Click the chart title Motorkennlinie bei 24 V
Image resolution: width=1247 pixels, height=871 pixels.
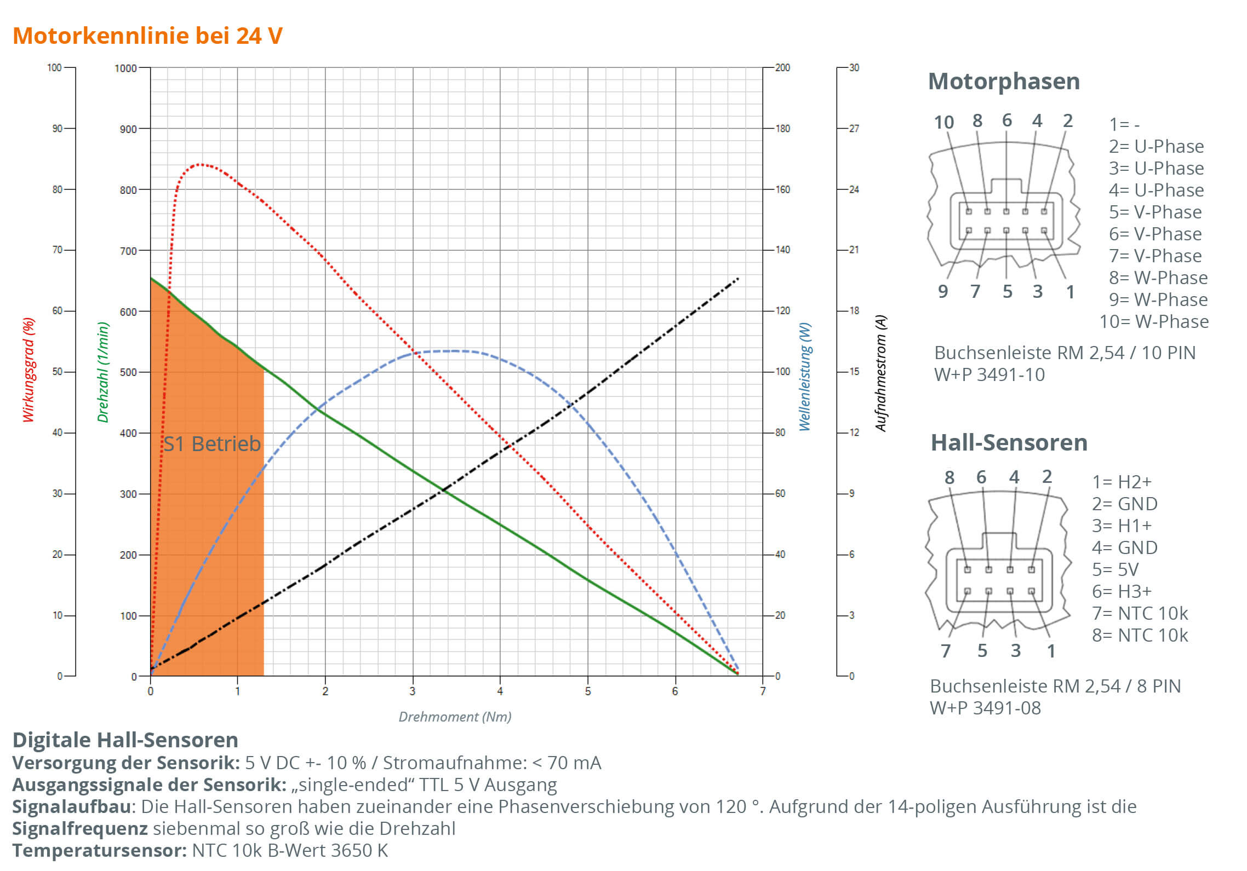coord(147,36)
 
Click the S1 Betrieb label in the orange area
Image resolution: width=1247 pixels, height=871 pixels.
coord(212,443)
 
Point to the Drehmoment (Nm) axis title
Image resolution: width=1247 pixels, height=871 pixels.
coord(455,717)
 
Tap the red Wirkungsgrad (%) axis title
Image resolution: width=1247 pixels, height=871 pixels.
coord(28,370)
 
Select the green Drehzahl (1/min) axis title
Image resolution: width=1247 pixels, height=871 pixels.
coord(103,372)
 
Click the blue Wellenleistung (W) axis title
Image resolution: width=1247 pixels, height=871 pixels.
coord(804,377)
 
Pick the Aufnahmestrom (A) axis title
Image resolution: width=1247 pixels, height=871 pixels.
coord(880,373)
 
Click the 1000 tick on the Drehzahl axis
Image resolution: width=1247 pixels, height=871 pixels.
coord(125,68)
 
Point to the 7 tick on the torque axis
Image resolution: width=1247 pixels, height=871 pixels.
coord(763,691)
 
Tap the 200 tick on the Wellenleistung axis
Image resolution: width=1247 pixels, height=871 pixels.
coord(782,67)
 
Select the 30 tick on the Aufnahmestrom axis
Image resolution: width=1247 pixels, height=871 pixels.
coord(854,67)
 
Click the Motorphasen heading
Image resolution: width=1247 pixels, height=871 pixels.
coord(1004,82)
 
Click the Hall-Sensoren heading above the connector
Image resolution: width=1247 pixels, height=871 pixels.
coord(1009,442)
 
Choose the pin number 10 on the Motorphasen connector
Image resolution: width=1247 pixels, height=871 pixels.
coord(943,122)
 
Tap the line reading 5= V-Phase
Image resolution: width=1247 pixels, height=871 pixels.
coord(1155,212)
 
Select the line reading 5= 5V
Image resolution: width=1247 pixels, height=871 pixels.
coord(1115,569)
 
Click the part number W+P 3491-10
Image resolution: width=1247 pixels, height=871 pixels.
coord(989,374)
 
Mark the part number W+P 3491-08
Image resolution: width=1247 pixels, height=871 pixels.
coord(985,708)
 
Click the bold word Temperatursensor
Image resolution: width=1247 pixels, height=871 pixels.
coord(99,850)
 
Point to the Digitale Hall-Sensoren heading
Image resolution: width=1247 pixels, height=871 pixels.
coord(125,740)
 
